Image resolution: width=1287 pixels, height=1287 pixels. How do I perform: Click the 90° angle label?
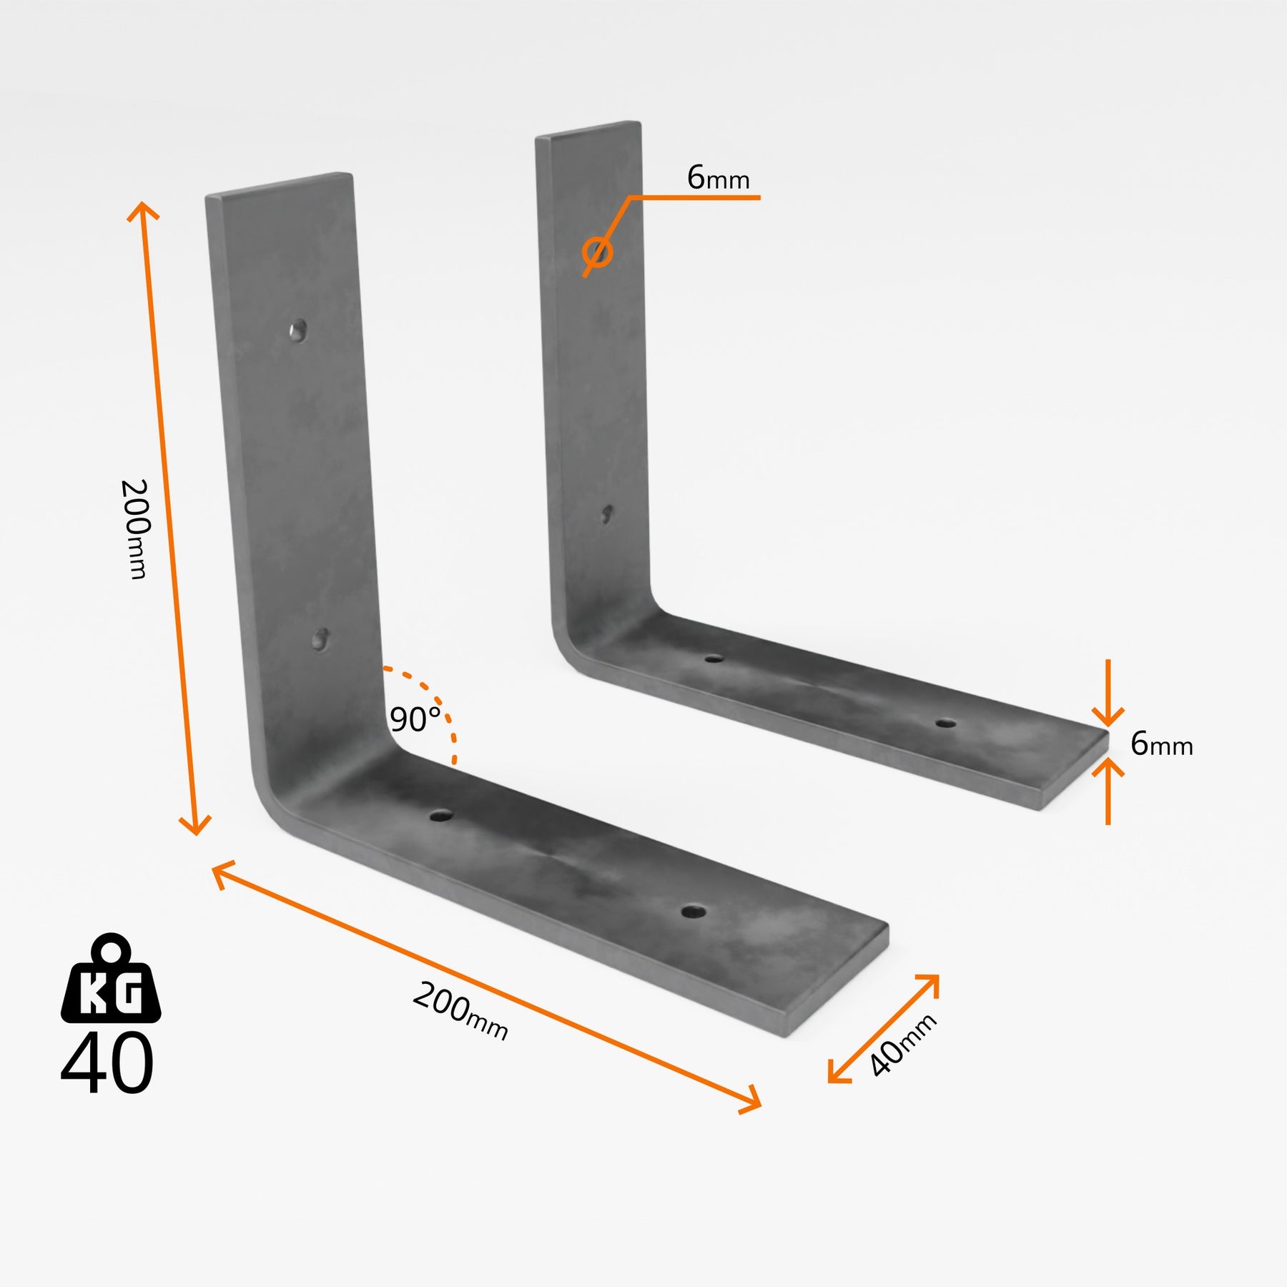pyautogui.click(x=415, y=719)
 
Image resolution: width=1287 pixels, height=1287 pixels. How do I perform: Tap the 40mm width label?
pyautogui.click(x=902, y=1045)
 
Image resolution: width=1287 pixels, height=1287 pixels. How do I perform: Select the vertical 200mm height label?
pyautogui.click(x=134, y=529)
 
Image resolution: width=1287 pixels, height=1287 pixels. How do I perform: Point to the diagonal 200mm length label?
pyautogui.click(x=460, y=1011)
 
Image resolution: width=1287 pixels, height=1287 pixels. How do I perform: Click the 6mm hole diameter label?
pyautogui.click(x=719, y=177)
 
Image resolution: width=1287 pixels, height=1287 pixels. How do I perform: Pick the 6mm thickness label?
pyautogui.click(x=1162, y=744)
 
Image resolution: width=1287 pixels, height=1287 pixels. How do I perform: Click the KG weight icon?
pyautogui.click(x=111, y=978)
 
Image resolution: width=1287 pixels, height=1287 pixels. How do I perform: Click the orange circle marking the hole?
pyautogui.click(x=597, y=252)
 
